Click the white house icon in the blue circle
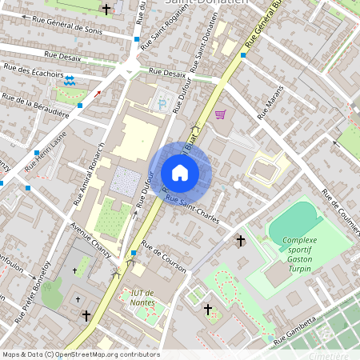[180, 173]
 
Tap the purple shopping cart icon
[220, 114]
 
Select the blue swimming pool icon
[70, 81]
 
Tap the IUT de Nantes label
[142, 298]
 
